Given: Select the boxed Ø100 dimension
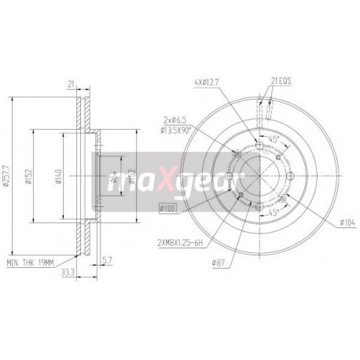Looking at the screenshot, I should click(168, 207).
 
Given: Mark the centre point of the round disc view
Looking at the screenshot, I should click(259, 174).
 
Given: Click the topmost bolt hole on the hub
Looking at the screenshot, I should click(259, 142).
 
